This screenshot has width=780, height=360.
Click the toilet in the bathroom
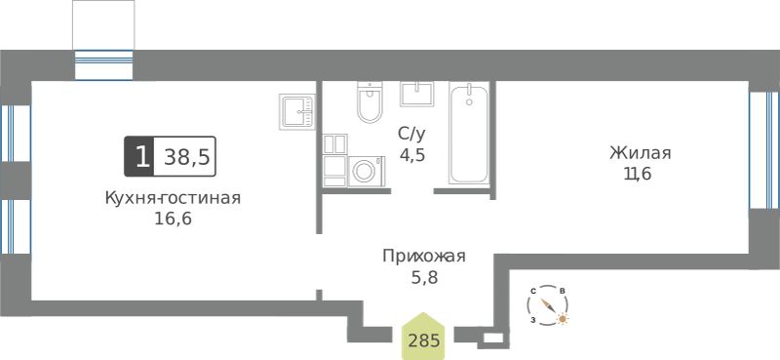[370, 101]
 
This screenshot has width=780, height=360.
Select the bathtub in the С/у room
[469, 134]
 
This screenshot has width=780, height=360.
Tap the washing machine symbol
[367, 172]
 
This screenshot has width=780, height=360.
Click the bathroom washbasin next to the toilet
[417, 94]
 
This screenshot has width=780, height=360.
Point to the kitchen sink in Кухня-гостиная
[297, 111]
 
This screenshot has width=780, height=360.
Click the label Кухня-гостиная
[173, 198]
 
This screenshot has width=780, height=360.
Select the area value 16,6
[173, 219]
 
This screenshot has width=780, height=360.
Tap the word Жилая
[641, 153]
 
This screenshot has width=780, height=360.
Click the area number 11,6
[638, 174]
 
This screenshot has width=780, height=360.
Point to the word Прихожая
[424, 257]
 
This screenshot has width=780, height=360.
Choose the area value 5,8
[424, 277]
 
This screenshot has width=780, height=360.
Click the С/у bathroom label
[412, 134]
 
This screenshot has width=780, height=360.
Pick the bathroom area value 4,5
[412, 154]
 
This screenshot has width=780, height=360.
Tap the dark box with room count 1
[139, 156]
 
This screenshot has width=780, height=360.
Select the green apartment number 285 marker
[424, 337]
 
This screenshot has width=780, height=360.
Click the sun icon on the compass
[563, 319]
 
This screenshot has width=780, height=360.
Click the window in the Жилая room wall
[764, 149]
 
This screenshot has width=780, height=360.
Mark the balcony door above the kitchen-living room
[103, 64]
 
